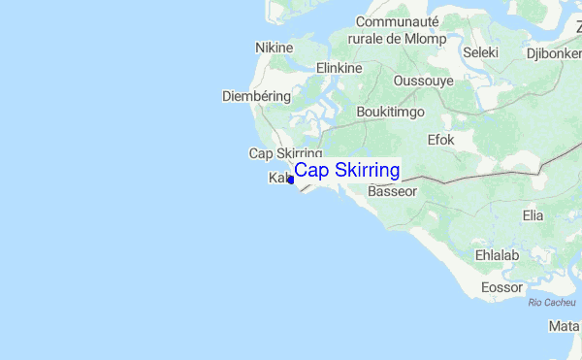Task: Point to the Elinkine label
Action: [339, 68]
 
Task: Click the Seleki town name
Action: [480, 52]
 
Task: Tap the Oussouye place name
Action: [423, 81]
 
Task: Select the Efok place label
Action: [440, 140]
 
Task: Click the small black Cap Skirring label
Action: [285, 153]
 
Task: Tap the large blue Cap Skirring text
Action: [347, 171]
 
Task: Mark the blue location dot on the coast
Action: [291, 180]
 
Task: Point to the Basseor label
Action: [393, 192]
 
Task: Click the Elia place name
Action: [533, 214]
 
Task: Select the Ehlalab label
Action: [498, 255]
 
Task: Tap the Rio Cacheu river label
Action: [552, 303]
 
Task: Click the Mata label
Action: [564, 326]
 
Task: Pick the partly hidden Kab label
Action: [278, 179]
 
